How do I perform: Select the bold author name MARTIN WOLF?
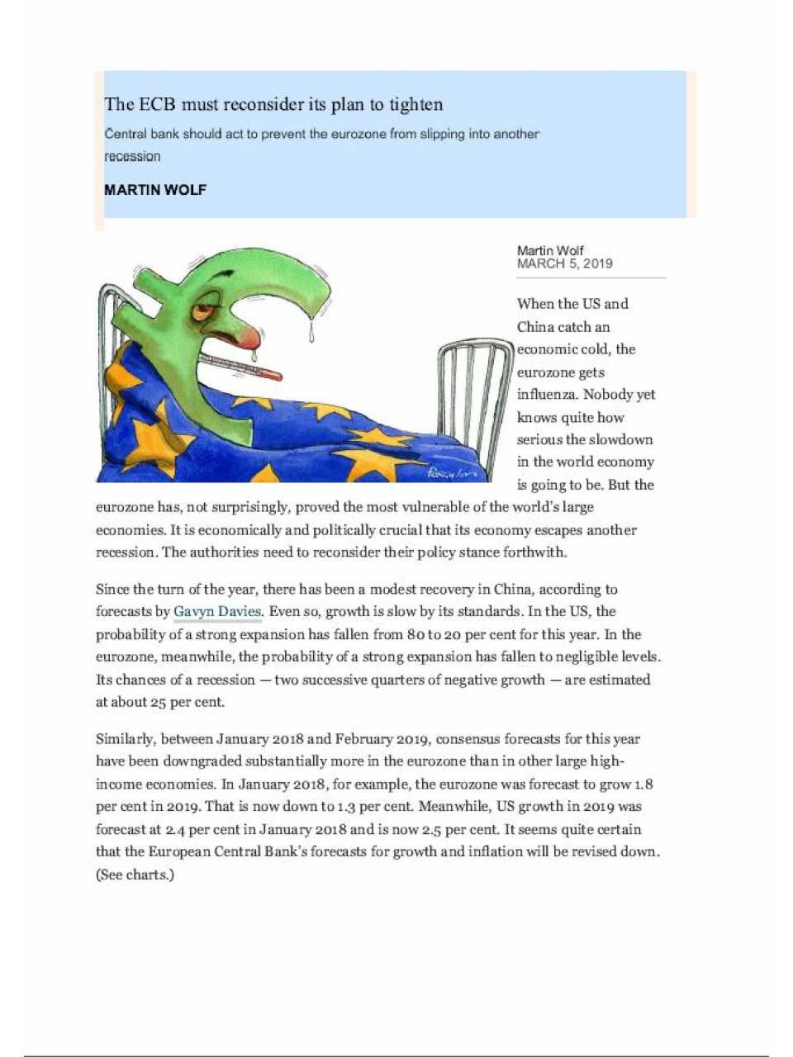155,190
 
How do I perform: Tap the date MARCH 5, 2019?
564,263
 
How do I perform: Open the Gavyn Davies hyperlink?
217,612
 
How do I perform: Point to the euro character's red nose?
253,335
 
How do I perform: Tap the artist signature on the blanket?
452,472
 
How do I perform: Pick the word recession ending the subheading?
132,156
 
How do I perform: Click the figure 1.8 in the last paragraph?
643,784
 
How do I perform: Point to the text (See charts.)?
135,875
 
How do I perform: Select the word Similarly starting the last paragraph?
125,739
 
